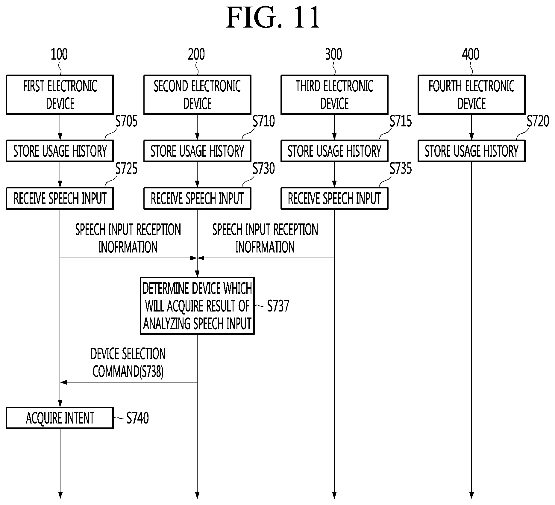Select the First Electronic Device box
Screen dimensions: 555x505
coord(60,95)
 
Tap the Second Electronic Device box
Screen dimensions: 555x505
coord(197,95)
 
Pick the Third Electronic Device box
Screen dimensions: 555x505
coord(334,95)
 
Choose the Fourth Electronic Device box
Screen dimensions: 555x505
coord(471,95)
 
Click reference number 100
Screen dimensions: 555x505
coord(59,54)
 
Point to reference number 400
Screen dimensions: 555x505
coord(471,54)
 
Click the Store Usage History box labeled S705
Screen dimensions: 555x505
coord(60,151)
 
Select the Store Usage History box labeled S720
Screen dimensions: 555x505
coord(471,151)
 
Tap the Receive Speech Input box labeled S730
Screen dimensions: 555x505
coord(197,198)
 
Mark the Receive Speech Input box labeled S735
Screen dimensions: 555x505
coord(334,198)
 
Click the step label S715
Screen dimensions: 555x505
coord(401,121)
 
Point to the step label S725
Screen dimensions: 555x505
coord(126,169)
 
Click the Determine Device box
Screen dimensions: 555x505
coord(197,306)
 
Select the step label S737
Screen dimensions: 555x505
coord(278,306)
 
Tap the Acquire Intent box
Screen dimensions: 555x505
coord(60,418)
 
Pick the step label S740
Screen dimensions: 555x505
coord(137,418)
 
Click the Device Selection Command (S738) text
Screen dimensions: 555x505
coord(128,363)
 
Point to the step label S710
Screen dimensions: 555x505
coord(263,121)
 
